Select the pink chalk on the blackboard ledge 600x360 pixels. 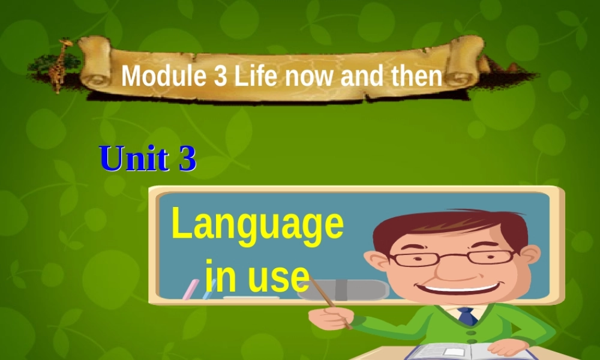190,289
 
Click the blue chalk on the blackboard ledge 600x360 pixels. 209,289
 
